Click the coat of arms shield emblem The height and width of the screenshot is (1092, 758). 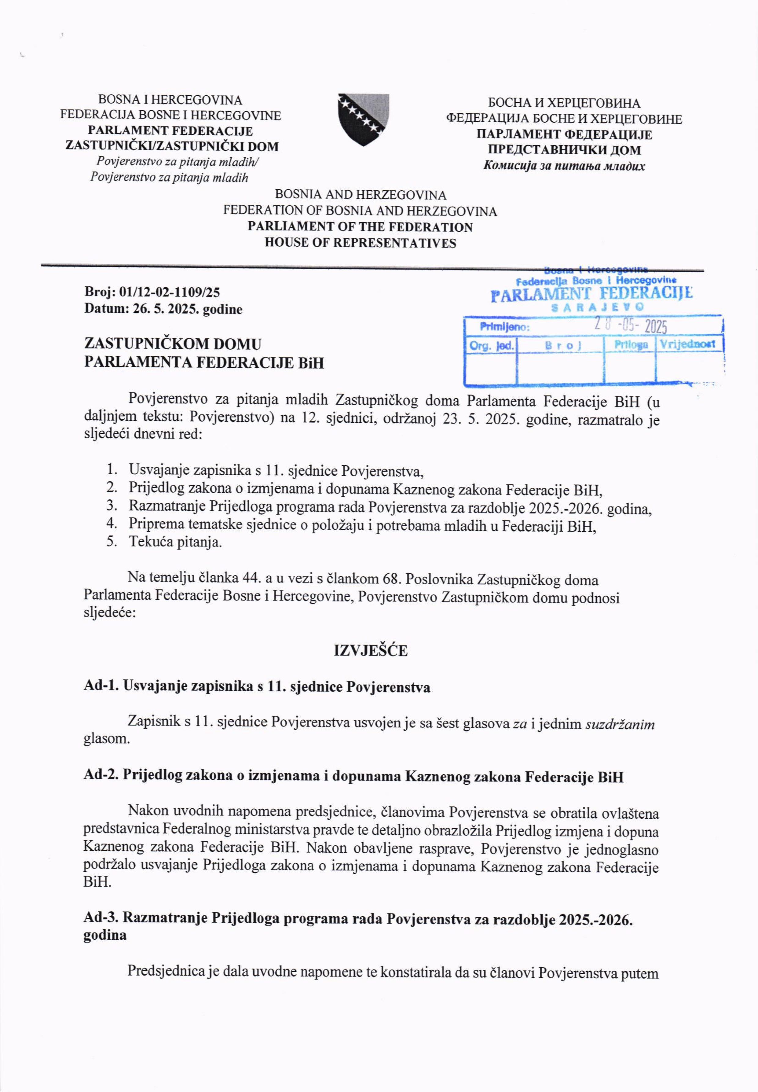point(363,119)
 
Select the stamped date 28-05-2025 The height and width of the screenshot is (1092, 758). point(631,326)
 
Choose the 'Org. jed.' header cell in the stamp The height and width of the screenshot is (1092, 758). point(491,345)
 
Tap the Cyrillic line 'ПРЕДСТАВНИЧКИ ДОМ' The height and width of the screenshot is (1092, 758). point(564,150)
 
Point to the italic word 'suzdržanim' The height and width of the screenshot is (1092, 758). point(620,724)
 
